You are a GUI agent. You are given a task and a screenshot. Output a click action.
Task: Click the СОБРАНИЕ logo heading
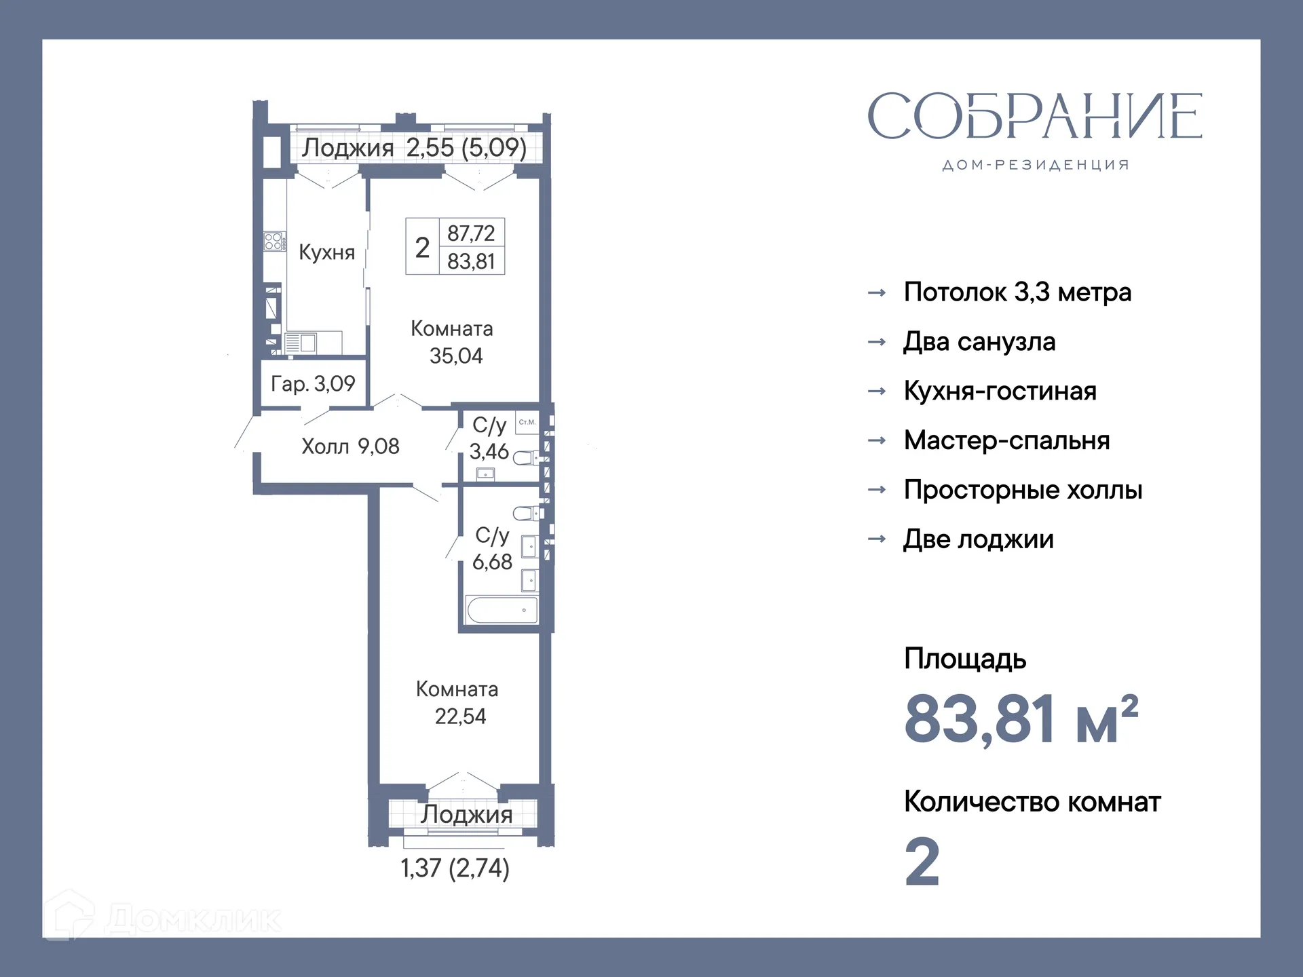coord(1034,117)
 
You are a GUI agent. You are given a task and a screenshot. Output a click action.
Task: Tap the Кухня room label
coord(326,252)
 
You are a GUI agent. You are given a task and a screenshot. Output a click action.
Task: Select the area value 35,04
coord(455,356)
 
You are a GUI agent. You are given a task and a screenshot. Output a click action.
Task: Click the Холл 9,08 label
coord(350,446)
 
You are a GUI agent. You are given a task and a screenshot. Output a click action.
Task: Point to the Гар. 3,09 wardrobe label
coord(313,384)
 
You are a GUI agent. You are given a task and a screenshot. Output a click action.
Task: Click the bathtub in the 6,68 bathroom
coord(502,610)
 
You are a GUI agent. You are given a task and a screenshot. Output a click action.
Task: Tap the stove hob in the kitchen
coord(274,241)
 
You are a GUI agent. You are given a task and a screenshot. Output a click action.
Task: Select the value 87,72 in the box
coord(471,233)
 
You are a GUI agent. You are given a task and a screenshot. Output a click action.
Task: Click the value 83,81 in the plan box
coord(471,261)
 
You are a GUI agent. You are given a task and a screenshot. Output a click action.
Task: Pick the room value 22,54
coord(460,716)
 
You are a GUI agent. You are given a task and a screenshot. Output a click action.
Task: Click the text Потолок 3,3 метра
coord(1017,292)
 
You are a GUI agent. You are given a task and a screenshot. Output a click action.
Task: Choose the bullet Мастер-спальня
coord(1006,441)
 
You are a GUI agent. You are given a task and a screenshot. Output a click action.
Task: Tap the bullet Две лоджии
coord(978,539)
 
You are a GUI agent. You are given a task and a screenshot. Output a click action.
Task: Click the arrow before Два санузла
coord(877,342)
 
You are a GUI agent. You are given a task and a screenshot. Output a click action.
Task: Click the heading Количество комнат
coord(1032,802)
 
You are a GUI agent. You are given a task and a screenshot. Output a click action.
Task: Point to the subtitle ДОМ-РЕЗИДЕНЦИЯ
coord(1035,165)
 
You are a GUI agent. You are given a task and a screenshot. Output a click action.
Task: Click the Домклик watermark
coord(163,919)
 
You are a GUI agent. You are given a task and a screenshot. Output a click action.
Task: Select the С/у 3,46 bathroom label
coord(489,438)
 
